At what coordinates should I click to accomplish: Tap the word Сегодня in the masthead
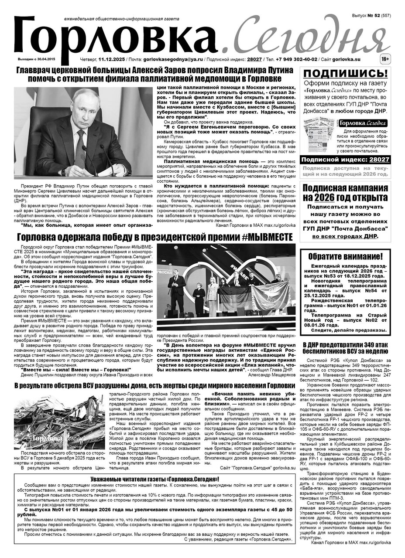click(x=303, y=37)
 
